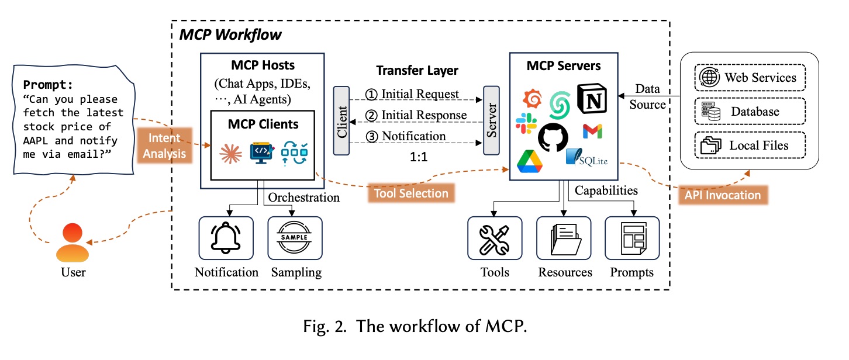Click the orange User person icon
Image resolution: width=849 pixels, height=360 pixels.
(x=73, y=243)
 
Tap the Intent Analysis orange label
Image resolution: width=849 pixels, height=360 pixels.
(x=163, y=146)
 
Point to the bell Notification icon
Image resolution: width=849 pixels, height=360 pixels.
(x=226, y=238)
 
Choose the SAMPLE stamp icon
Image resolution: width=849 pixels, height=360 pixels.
(x=295, y=238)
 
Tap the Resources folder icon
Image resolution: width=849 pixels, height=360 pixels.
(x=564, y=238)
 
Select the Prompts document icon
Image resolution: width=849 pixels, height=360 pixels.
(x=631, y=238)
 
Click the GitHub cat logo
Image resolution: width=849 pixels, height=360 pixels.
(x=553, y=137)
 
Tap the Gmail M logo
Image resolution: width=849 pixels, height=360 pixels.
(x=592, y=131)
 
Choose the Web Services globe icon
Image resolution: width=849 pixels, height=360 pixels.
(x=711, y=78)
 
